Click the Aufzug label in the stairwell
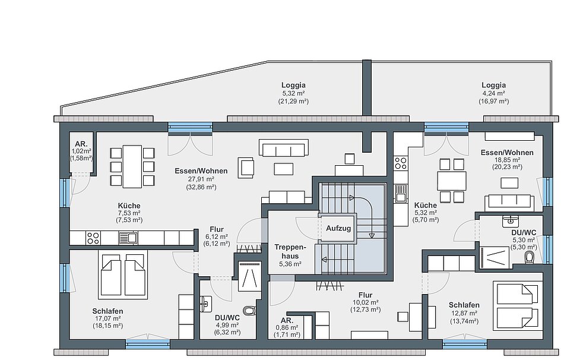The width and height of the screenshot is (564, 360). pyautogui.click(x=338, y=228)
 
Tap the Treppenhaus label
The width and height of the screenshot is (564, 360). pyautogui.click(x=290, y=252)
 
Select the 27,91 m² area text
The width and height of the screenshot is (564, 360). pyautogui.click(x=201, y=179)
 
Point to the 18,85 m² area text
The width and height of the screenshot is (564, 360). pyautogui.click(x=507, y=160)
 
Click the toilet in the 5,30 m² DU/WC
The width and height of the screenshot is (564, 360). pyautogui.click(x=529, y=257)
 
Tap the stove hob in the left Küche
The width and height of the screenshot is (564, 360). pyautogui.click(x=93, y=238)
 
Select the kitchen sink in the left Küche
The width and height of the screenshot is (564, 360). pyautogui.click(x=128, y=238)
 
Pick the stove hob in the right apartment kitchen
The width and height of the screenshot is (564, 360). pyautogui.click(x=400, y=163)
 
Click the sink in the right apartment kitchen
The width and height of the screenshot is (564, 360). pyautogui.click(x=400, y=193)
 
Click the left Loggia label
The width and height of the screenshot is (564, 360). pyautogui.click(x=293, y=86)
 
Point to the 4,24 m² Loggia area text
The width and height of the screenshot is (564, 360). pyautogui.click(x=493, y=94)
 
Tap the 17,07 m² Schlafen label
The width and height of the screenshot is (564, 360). pyautogui.click(x=107, y=311)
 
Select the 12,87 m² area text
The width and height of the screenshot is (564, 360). pyautogui.click(x=464, y=313)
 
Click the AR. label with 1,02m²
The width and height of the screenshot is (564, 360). pyautogui.click(x=81, y=144)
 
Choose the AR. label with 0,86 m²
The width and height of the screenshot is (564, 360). pyautogui.click(x=287, y=320)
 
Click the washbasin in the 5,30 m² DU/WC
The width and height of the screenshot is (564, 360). pyautogui.click(x=511, y=220)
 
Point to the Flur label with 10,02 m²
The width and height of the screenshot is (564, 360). pyautogui.click(x=366, y=295)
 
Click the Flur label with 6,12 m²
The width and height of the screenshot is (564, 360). pyautogui.click(x=217, y=229)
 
